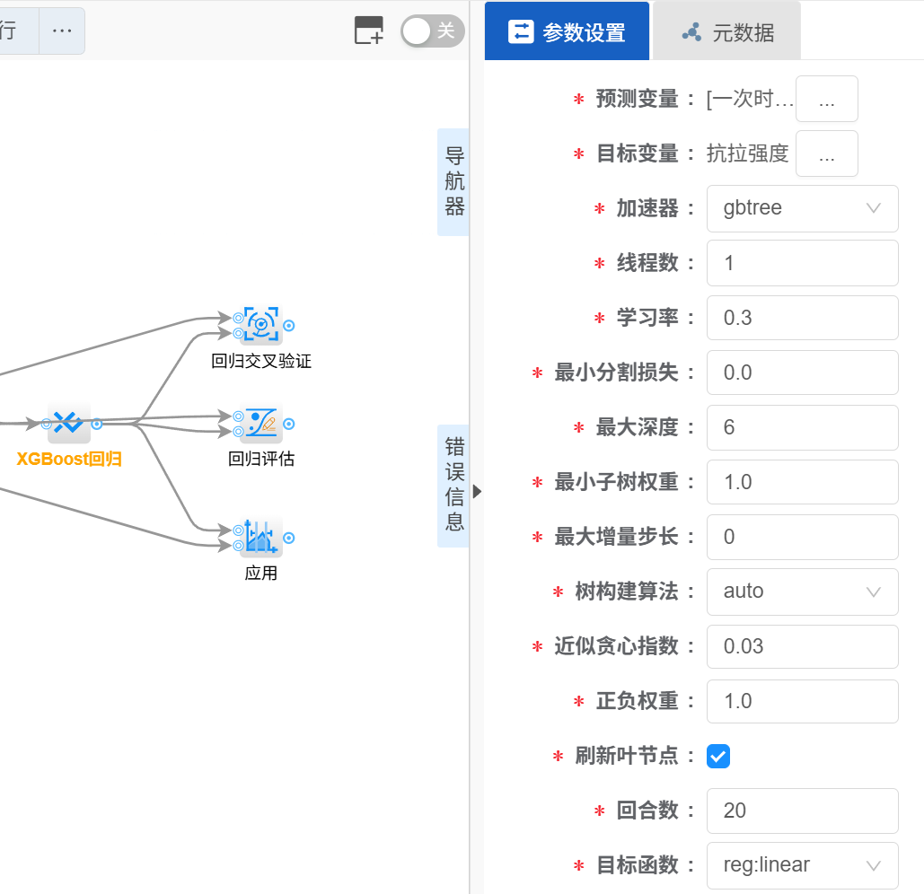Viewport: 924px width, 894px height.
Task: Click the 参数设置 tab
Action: point(567,32)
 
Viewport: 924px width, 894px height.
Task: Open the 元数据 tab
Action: point(726,32)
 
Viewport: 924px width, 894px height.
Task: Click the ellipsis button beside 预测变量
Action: point(827,99)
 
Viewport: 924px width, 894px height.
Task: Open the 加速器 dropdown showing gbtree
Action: point(802,208)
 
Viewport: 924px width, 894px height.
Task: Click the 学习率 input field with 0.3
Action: point(802,318)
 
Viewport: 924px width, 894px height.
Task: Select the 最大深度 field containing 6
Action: point(802,427)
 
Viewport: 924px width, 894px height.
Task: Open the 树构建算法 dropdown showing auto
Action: point(802,592)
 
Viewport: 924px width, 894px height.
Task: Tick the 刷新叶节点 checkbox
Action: point(718,757)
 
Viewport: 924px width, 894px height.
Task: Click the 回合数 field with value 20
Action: point(802,811)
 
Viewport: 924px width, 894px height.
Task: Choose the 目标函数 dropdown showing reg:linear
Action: point(802,865)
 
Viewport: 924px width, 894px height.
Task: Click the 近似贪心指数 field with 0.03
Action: point(802,646)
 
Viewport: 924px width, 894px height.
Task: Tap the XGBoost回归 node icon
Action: point(69,423)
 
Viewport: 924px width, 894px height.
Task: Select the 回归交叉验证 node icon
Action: point(261,325)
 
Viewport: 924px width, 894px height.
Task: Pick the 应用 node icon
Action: point(261,537)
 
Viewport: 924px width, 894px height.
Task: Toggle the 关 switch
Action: point(432,31)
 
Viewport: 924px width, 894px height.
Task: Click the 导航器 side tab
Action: point(454,182)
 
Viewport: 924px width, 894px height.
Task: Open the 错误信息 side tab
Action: point(454,485)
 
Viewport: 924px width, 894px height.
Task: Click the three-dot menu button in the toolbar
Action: point(62,31)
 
